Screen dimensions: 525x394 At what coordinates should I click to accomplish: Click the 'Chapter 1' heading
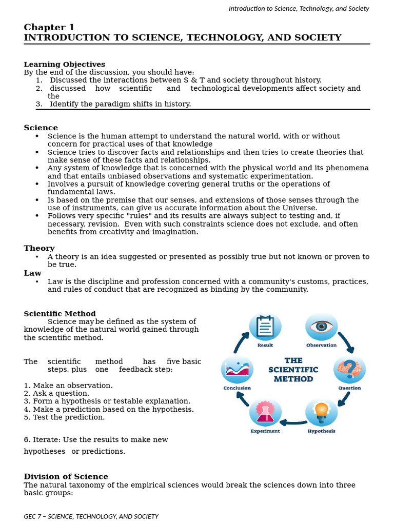[49, 28]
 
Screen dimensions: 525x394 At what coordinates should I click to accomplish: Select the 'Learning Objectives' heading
[64, 65]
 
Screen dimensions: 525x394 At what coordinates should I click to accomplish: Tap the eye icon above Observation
[321, 327]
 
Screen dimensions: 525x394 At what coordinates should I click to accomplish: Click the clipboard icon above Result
[265, 327]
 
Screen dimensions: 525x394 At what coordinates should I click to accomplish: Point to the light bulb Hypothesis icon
[321, 412]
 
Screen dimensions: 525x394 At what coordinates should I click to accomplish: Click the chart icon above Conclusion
[237, 369]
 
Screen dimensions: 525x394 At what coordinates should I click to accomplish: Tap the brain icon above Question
[349, 369]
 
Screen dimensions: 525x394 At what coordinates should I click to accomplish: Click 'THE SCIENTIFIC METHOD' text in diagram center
[293, 370]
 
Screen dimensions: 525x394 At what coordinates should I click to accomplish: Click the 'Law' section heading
[32, 273]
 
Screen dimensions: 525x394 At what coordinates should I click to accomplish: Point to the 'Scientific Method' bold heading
[60, 314]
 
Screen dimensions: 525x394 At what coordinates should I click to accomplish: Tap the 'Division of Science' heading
[66, 477]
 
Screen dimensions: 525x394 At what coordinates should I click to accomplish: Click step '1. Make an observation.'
[68, 386]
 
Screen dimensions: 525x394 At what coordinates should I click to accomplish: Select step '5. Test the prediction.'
[64, 417]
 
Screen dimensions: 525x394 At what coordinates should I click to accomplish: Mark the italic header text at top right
[299, 8]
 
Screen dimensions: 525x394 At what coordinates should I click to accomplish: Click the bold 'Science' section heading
[41, 128]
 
